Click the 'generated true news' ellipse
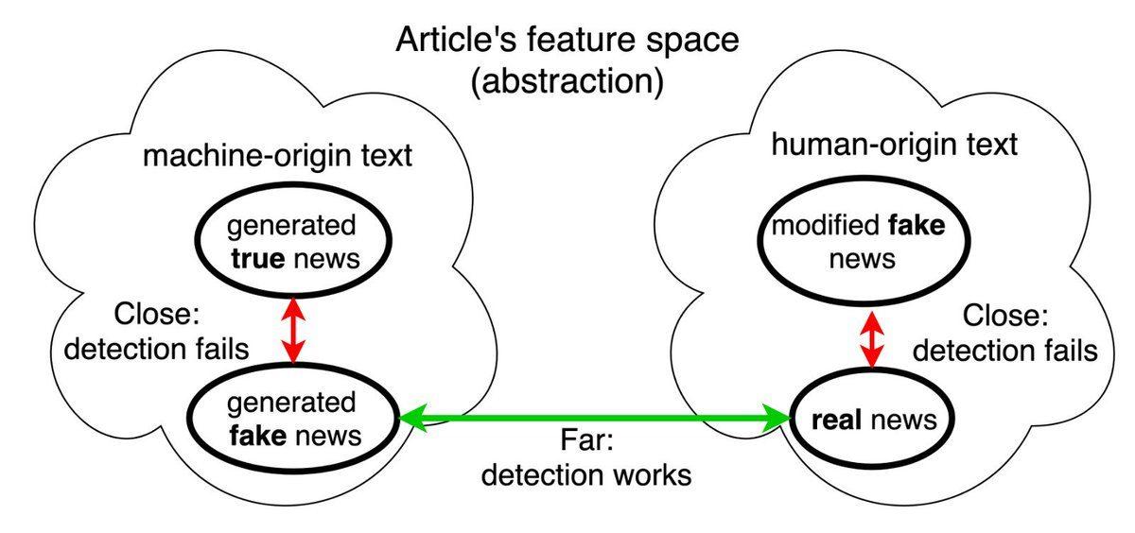coord(292,243)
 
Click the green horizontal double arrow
coord(594,417)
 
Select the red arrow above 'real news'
coord(870,337)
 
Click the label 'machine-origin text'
coord(277,155)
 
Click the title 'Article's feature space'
coord(567,40)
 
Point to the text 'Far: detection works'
coord(585,458)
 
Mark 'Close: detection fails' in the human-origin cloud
coord(1004,336)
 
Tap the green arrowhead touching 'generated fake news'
coord(411,417)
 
